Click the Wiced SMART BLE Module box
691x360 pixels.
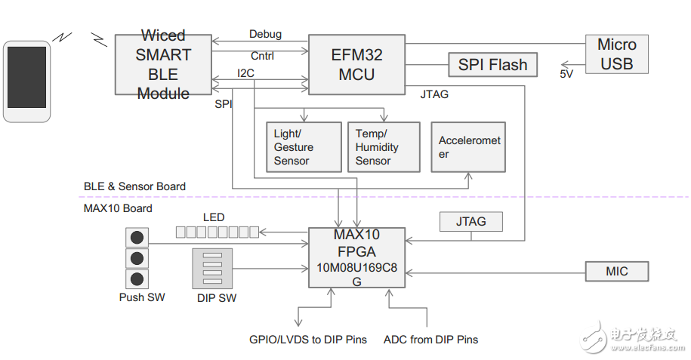coord(163,65)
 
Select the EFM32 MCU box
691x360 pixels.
coord(357,65)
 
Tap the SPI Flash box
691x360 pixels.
coord(492,65)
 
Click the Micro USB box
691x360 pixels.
coord(617,54)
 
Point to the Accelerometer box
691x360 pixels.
coord(468,147)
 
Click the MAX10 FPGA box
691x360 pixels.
coord(356,257)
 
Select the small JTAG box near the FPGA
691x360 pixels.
coord(470,221)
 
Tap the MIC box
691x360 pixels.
coord(617,271)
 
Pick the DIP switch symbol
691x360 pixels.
coord(212,268)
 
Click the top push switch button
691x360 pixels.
coord(137,238)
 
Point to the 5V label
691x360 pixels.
coord(566,74)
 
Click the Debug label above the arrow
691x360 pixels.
coord(265,34)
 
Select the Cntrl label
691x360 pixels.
coord(262,55)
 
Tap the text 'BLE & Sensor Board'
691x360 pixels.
coord(134,186)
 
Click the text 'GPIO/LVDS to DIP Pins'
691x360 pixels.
coord(308,340)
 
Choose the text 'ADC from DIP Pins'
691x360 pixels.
coord(431,340)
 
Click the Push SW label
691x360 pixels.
coord(142,297)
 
